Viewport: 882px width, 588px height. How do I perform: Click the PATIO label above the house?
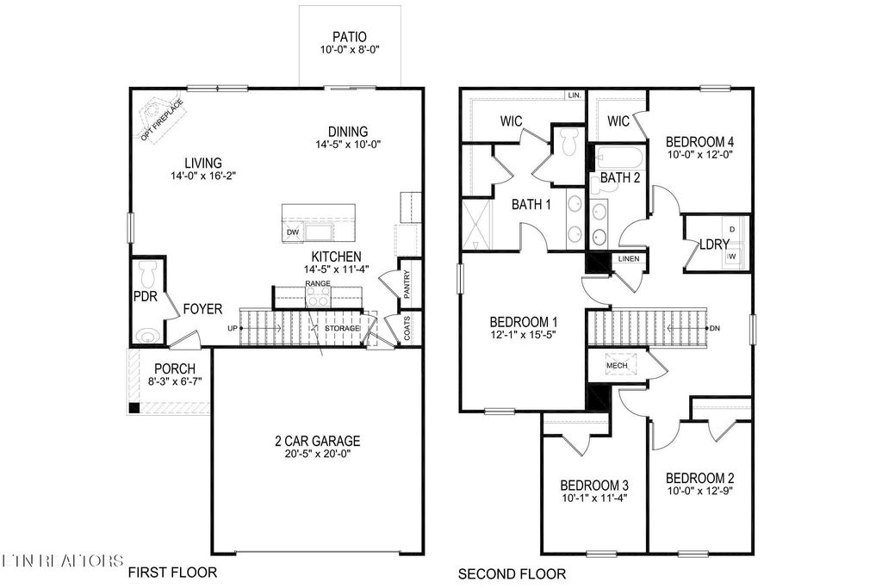[350, 37]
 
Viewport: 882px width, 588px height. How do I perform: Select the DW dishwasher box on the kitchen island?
[293, 232]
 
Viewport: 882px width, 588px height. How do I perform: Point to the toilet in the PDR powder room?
[146, 275]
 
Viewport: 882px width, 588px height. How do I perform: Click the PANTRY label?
[407, 283]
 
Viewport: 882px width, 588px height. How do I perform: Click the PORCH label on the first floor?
[175, 368]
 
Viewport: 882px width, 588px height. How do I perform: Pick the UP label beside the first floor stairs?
[233, 329]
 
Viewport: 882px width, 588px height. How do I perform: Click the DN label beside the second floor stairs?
[715, 329]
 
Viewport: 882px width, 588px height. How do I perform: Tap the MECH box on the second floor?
[617, 365]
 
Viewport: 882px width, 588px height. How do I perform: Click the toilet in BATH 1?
[567, 143]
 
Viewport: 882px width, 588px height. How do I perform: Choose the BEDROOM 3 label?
[593, 484]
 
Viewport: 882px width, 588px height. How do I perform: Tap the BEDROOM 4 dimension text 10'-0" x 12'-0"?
[699, 156]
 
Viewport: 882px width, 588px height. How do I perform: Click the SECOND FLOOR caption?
[512, 573]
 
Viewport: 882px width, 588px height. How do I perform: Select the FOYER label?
[202, 308]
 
